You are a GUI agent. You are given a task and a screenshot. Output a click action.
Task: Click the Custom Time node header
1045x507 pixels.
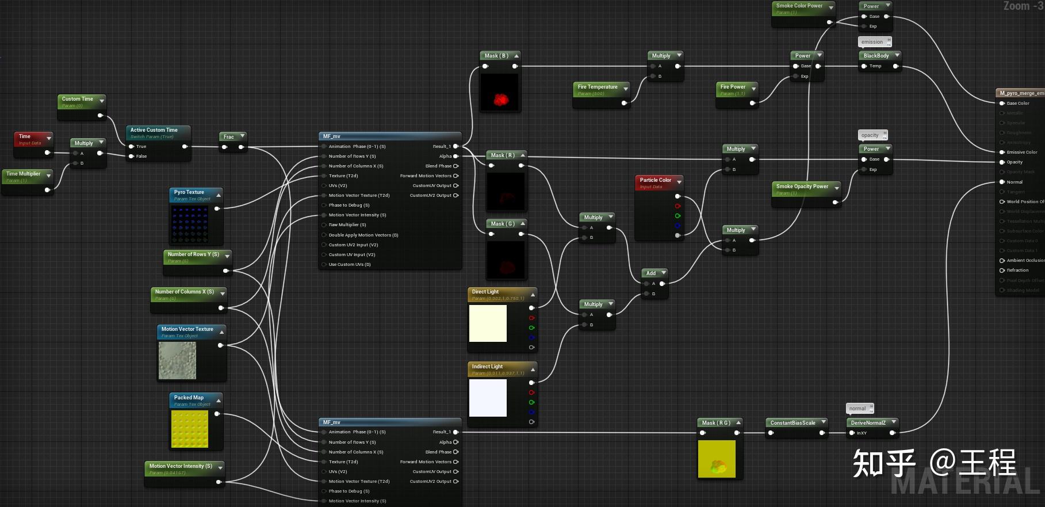pyautogui.click(x=78, y=99)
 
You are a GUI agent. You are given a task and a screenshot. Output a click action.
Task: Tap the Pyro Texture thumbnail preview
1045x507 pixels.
pyautogui.click(x=189, y=224)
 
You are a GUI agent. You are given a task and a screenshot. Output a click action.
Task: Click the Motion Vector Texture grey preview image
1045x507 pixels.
pyautogui.click(x=177, y=360)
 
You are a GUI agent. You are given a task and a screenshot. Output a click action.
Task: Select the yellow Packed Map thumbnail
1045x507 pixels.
pyautogui.click(x=189, y=429)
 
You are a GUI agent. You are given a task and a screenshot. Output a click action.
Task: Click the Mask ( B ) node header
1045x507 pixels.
pyautogui.click(x=496, y=56)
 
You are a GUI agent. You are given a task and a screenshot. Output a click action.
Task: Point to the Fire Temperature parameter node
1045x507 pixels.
pyautogui.click(x=598, y=89)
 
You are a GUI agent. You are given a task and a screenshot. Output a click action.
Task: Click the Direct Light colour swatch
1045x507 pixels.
pyautogui.click(x=488, y=323)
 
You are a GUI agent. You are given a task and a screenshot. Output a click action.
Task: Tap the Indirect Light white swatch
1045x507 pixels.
pyautogui.click(x=488, y=398)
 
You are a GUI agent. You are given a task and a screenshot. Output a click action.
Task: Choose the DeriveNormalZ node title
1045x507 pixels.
pyautogui.click(x=868, y=423)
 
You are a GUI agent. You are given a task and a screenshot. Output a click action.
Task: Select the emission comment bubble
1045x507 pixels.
pyautogui.click(x=872, y=42)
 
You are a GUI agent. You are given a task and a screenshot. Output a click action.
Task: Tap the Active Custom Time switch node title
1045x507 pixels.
pyautogui.click(x=154, y=130)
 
